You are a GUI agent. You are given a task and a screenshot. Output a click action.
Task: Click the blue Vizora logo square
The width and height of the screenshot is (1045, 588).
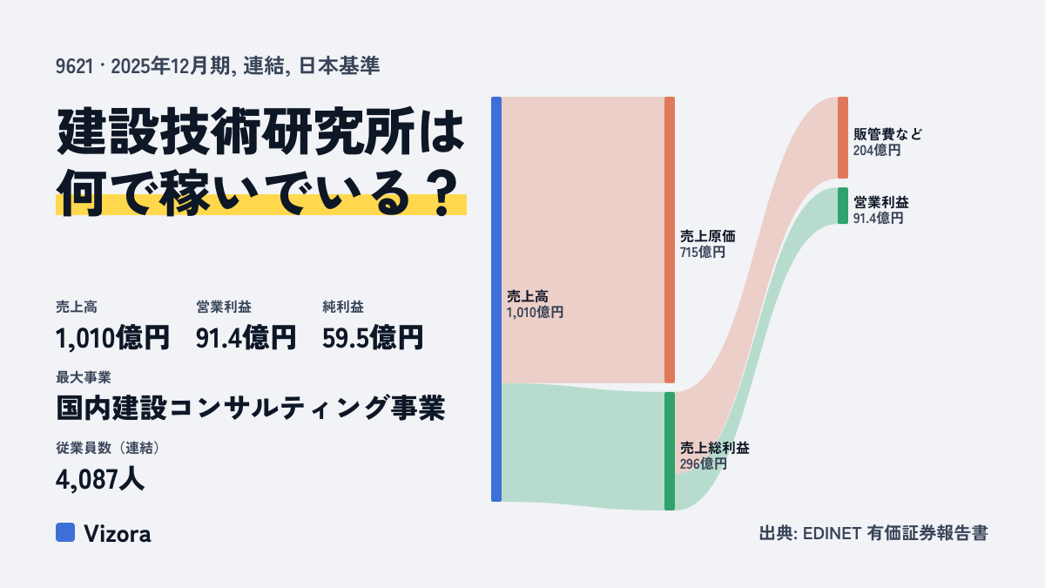tap(65, 532)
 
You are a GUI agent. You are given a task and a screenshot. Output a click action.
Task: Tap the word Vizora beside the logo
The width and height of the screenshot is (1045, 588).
tap(118, 533)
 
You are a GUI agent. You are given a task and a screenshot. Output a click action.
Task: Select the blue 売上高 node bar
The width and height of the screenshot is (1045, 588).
tap(496, 299)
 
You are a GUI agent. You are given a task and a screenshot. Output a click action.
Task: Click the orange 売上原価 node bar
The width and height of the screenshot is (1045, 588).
tap(670, 240)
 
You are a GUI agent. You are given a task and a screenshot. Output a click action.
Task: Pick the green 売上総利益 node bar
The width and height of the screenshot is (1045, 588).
tap(670, 451)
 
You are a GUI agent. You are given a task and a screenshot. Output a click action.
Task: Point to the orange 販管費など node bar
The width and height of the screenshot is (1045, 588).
tap(843, 138)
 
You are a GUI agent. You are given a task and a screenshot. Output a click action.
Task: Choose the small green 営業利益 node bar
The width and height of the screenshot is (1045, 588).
tap(843, 206)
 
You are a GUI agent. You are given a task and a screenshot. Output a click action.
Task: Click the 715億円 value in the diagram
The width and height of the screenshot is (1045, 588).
tap(703, 253)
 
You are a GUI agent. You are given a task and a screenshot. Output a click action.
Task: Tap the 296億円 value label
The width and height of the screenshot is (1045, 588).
tap(703, 463)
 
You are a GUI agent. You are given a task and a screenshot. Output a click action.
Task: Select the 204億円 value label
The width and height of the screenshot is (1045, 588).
tap(877, 150)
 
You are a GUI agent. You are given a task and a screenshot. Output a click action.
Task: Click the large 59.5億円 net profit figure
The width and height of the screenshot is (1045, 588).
tap(373, 337)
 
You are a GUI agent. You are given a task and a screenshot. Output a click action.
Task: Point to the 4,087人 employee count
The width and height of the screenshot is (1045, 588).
tap(100, 479)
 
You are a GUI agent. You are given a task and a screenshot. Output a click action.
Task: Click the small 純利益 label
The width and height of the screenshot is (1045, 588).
tap(343, 307)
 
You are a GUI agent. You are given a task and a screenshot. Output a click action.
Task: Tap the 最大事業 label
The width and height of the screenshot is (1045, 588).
tap(84, 377)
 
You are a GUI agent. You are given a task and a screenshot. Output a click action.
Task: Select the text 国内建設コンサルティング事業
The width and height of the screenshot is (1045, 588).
tap(251, 408)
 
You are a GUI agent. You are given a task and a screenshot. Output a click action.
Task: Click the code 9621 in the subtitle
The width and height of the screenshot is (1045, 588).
tap(75, 66)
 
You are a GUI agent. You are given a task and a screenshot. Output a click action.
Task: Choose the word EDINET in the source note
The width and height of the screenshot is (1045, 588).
tap(832, 533)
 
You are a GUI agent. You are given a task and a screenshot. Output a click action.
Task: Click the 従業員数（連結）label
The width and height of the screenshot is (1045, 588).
tap(108, 448)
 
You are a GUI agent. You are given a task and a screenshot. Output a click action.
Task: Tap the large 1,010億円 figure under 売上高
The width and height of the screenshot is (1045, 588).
tap(112, 337)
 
